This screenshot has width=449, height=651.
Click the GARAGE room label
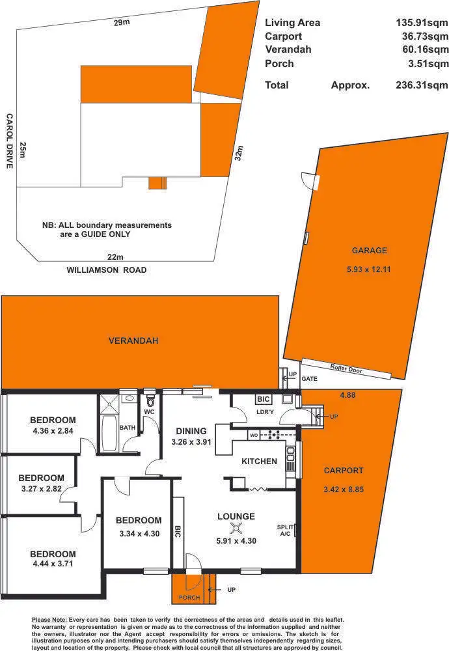(x=369, y=250)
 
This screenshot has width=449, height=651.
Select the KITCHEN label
(x=260, y=462)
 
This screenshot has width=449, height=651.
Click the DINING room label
(x=191, y=431)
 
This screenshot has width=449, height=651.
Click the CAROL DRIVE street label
(x=10, y=141)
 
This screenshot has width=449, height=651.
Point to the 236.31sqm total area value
(x=422, y=85)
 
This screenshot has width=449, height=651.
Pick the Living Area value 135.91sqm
(x=422, y=23)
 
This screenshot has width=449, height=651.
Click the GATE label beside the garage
(x=310, y=378)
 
